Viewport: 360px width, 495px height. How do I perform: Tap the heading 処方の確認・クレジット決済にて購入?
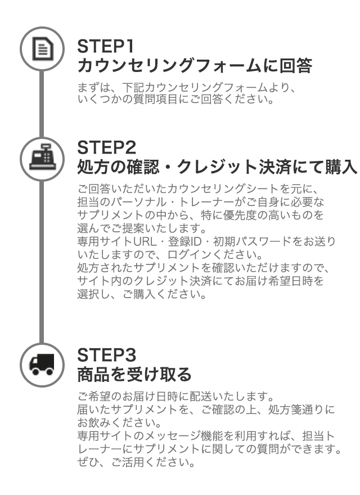click(217, 167)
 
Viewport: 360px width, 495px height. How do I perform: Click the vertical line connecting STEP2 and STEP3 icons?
click(39, 259)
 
